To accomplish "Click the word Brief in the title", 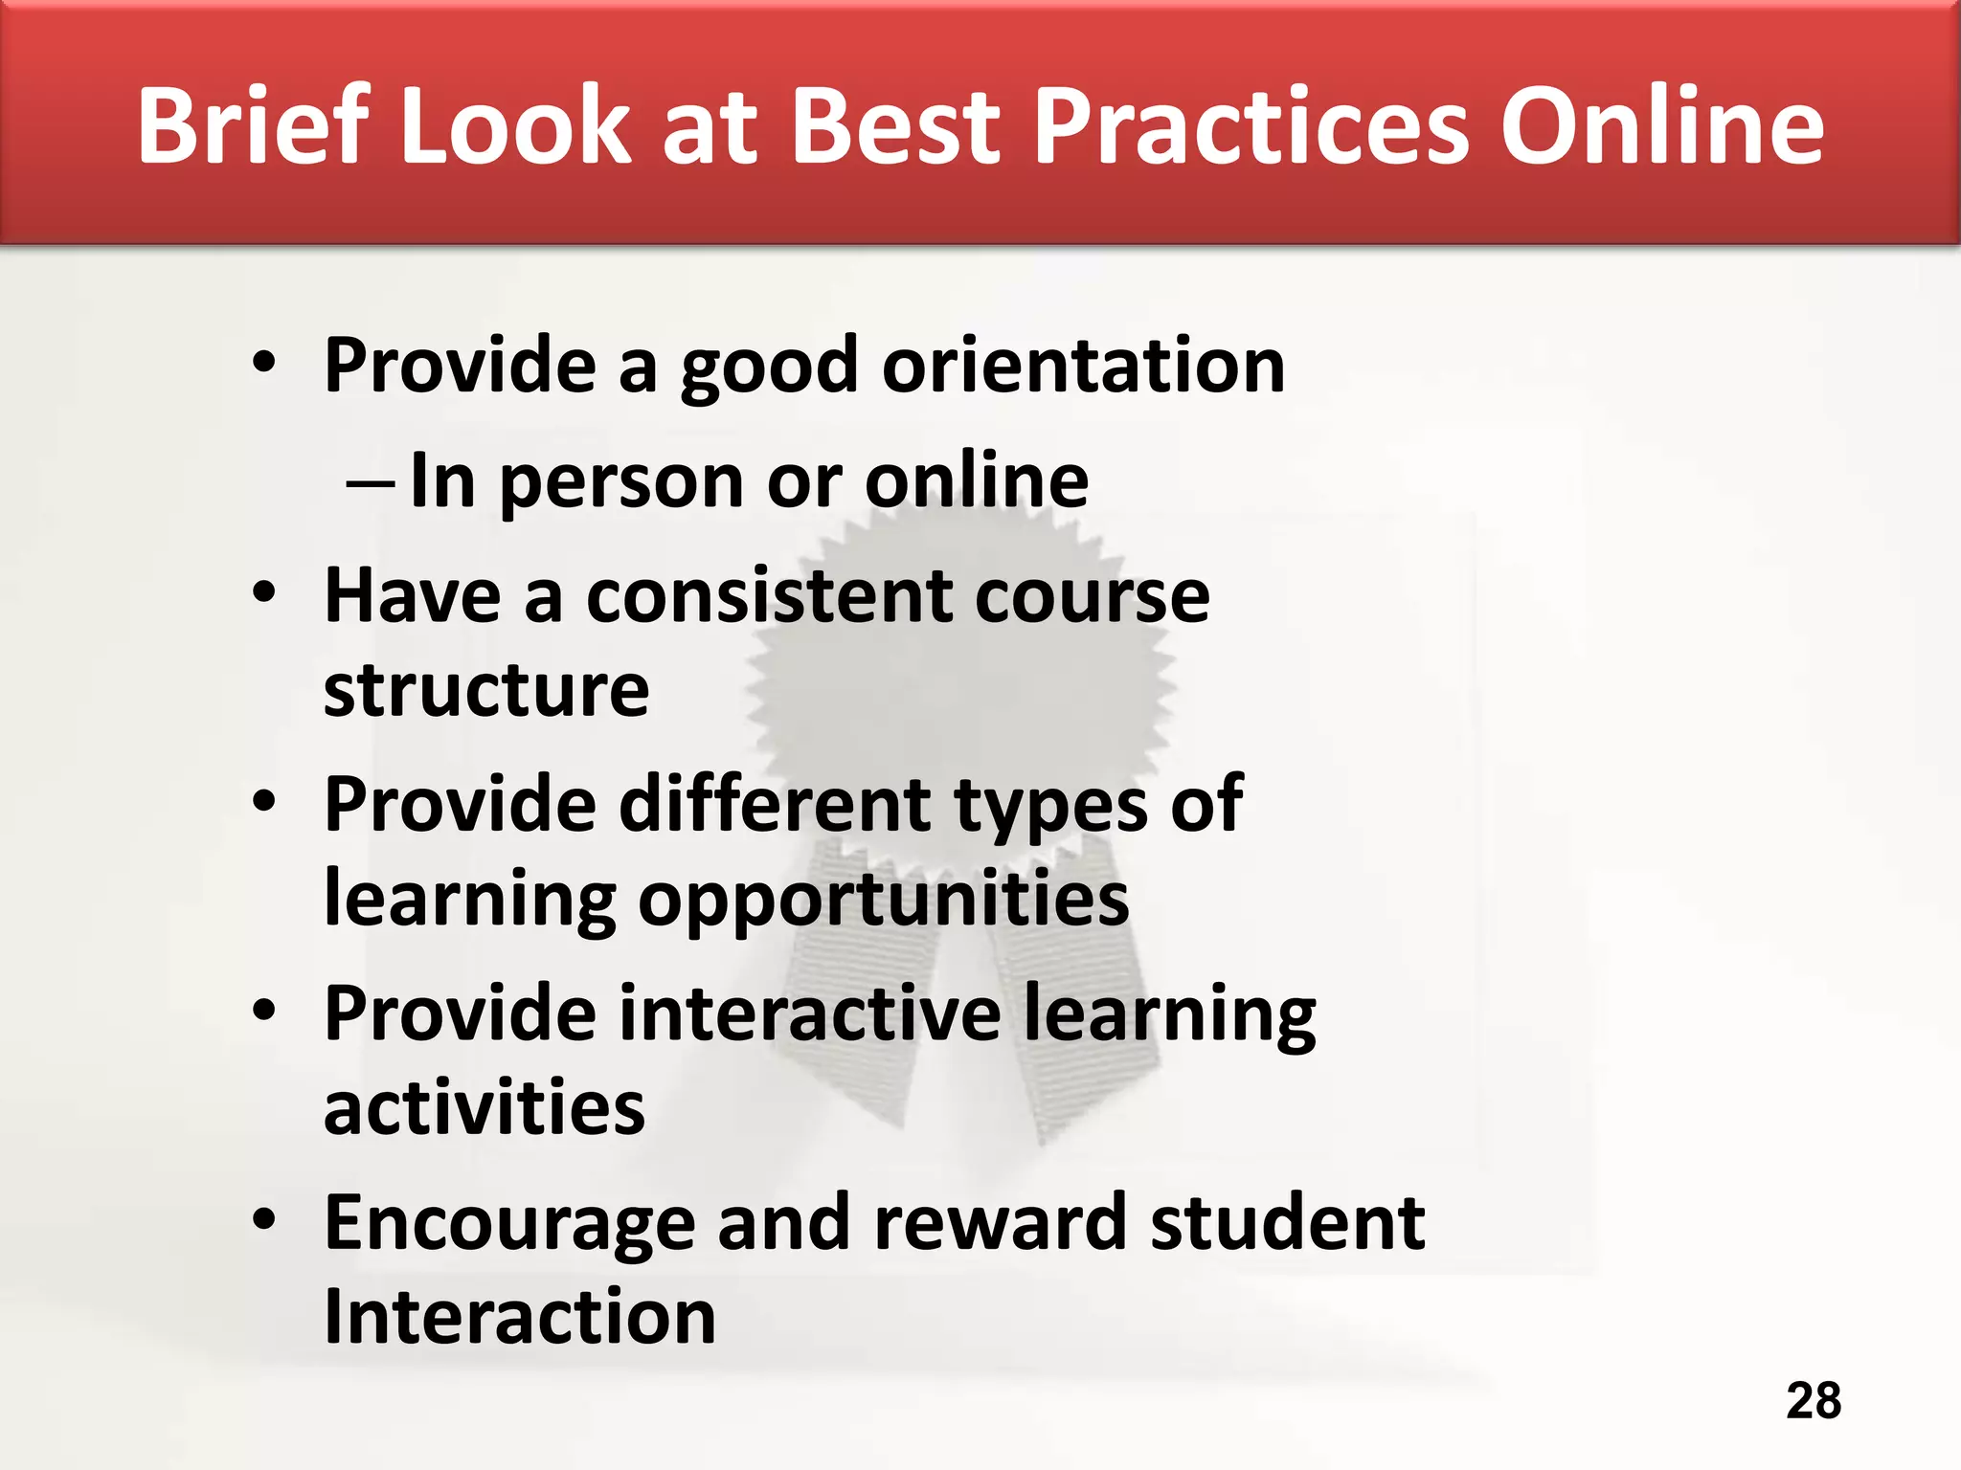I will click(x=254, y=125).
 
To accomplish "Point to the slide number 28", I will click(x=1814, y=1400).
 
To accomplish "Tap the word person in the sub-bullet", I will click(x=621, y=482).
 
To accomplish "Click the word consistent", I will click(x=769, y=596).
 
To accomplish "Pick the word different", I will click(x=775, y=804).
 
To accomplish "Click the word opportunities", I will click(x=883, y=900).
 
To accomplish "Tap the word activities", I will click(x=485, y=1107).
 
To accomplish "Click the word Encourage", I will click(x=509, y=1223).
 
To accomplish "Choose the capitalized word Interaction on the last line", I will click(x=520, y=1316).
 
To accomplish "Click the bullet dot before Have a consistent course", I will click(x=264, y=593).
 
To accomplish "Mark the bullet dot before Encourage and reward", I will click(x=264, y=1219).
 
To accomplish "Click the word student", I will click(x=1287, y=1222).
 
